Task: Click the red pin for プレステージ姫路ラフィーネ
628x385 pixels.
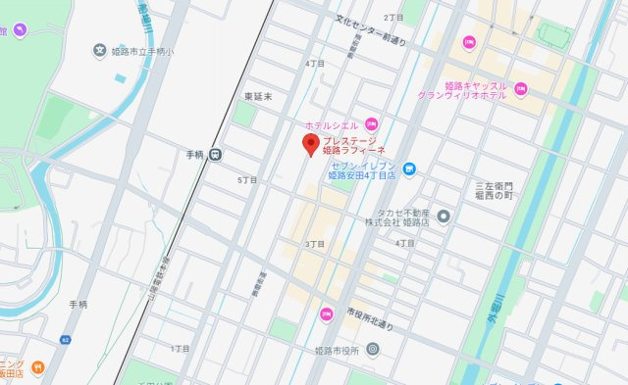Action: coord(310,147)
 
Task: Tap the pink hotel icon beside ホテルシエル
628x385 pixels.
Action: coord(371,123)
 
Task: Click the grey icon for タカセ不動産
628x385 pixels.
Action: coord(444,216)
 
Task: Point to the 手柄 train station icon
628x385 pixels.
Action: coord(215,153)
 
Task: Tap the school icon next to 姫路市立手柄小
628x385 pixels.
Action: coord(98,49)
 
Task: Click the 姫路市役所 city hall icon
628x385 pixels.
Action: coord(373,349)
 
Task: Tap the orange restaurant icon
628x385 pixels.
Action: coord(37,367)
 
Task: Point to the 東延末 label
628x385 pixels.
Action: coord(257,96)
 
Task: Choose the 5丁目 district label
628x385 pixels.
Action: coord(246,181)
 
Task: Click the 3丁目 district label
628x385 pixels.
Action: coord(314,244)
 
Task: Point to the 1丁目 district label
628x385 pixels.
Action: coord(181,348)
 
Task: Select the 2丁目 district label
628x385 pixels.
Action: coord(394,18)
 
